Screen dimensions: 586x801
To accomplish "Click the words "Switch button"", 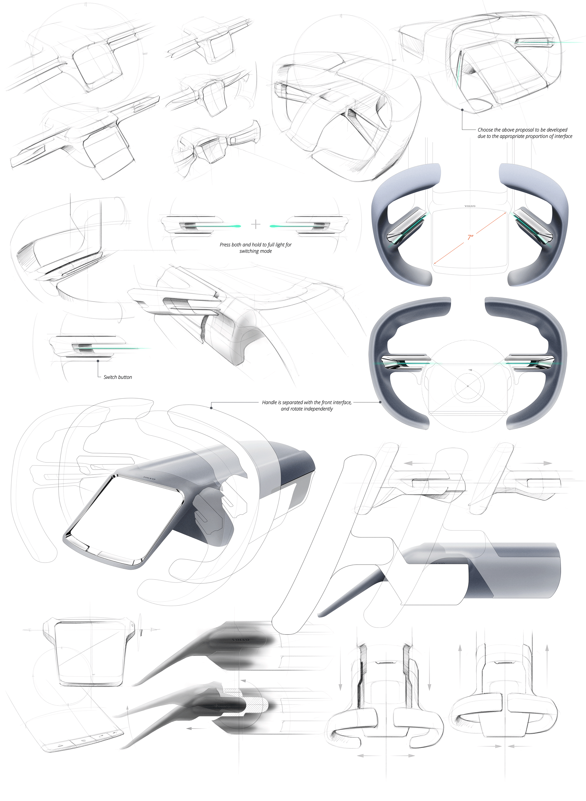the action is click(x=118, y=377).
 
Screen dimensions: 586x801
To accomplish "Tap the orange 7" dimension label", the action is click(x=470, y=237).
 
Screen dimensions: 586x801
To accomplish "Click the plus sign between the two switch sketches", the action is click(x=255, y=224).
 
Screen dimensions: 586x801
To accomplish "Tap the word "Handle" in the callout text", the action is click(x=270, y=402).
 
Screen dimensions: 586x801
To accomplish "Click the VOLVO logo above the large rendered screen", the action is click(x=149, y=478).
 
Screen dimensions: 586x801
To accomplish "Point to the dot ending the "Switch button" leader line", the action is click(x=98, y=361).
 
